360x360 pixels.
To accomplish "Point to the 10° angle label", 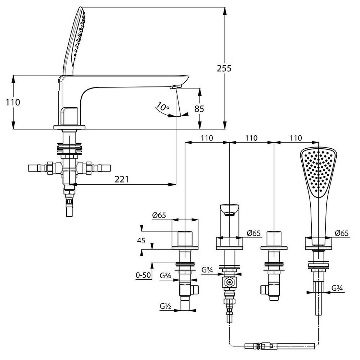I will click(x=162, y=106).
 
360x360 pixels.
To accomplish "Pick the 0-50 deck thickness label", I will click(x=143, y=275).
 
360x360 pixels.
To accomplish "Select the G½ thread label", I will click(x=166, y=306).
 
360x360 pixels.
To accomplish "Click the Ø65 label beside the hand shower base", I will click(x=342, y=233).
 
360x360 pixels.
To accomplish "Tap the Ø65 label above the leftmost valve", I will click(x=159, y=216).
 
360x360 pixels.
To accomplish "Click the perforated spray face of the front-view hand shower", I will click(x=318, y=173).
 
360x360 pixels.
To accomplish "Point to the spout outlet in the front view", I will click(x=229, y=214).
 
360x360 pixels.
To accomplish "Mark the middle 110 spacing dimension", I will click(x=251, y=138).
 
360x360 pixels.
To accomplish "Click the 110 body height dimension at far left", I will click(x=13, y=102).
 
